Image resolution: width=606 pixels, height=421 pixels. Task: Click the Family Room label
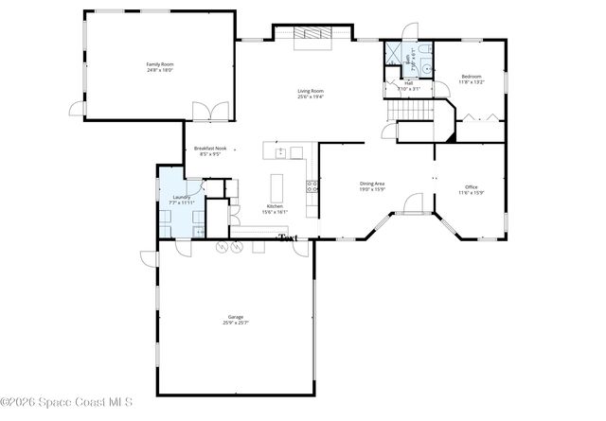[158, 63]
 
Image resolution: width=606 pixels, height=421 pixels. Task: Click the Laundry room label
[181, 198]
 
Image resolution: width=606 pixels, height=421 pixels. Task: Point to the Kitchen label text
[274, 206]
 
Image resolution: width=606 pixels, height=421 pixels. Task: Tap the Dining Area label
[371, 184]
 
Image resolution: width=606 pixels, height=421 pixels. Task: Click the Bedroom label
[472, 77]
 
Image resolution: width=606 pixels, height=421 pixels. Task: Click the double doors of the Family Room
[210, 111]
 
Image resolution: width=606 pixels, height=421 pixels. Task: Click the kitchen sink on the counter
[280, 152]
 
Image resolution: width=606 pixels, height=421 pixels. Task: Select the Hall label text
[409, 83]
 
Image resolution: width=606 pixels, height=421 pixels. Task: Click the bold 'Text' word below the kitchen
[289, 237]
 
